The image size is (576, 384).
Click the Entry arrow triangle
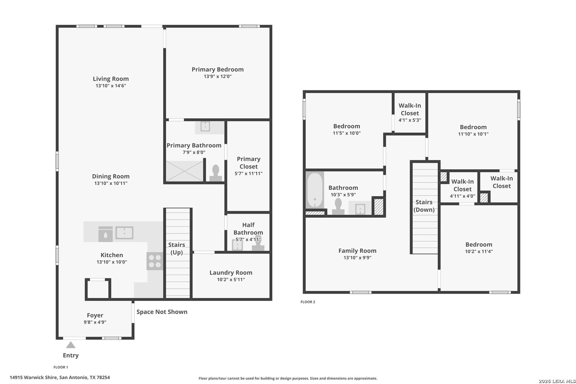71,345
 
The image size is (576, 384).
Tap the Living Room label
111,79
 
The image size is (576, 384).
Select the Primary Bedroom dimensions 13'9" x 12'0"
218,76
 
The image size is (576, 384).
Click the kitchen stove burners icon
155,261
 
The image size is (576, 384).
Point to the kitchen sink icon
124,233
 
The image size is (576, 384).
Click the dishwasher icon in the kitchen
106,234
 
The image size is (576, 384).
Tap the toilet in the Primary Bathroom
215,173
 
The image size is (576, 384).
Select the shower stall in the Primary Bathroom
185,171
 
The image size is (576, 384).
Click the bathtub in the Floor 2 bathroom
315,190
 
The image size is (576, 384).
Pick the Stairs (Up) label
177,249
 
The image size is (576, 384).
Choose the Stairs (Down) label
424,206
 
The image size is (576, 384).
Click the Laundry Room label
231,273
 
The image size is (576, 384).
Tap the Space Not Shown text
162,312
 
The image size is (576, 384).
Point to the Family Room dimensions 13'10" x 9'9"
357,258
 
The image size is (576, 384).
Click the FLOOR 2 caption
308,302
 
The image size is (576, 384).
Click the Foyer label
95,315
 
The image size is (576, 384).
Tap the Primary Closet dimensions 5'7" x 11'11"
249,174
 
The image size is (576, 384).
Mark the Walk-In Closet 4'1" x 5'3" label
410,113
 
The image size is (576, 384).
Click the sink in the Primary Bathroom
205,126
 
